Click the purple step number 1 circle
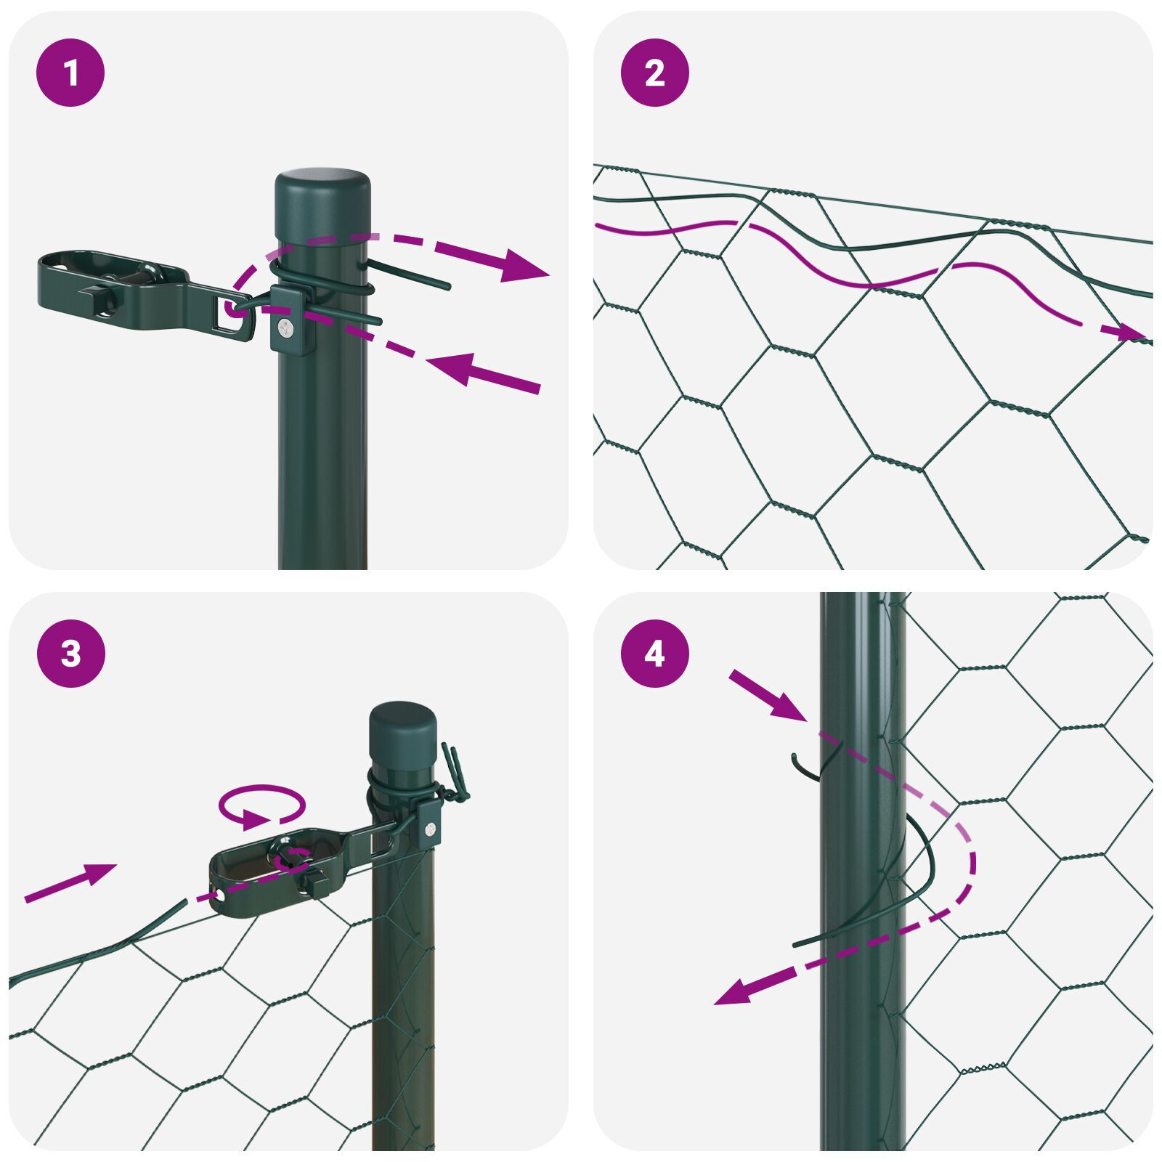click(70, 73)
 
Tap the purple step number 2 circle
click(654, 73)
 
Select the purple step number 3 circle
click(70, 654)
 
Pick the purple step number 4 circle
click(654, 654)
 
